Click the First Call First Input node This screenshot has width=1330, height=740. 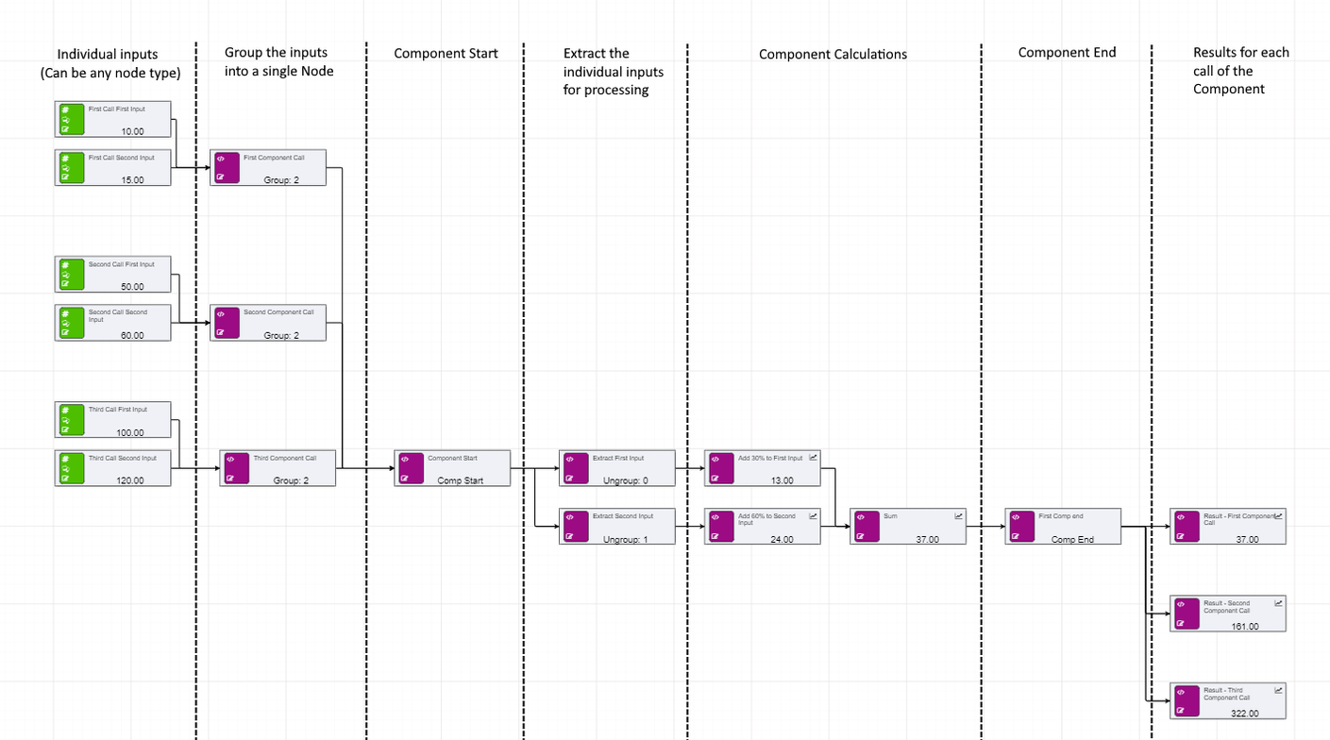point(113,120)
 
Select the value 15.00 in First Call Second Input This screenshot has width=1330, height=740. point(132,180)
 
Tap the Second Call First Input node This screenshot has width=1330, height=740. point(113,274)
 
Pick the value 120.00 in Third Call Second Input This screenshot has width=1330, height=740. point(130,480)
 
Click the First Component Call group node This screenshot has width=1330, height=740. point(268,168)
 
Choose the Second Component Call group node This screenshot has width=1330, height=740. point(268,323)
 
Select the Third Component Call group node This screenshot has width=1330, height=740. point(278,468)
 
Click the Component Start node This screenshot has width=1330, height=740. point(452,468)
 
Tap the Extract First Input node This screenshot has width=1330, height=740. point(617,468)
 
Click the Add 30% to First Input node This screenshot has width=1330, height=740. point(763,468)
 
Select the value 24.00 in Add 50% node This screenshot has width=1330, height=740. point(782,539)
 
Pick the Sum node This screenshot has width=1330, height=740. point(908,527)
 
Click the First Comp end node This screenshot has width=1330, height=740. point(1063,527)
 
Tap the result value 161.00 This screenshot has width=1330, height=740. point(1245,626)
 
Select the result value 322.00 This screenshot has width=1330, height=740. point(1245,713)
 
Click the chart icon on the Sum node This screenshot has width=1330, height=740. point(958,516)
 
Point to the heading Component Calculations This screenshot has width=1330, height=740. point(833,55)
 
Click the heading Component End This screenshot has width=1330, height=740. point(1067,53)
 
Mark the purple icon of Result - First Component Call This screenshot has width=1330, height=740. point(1185,527)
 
